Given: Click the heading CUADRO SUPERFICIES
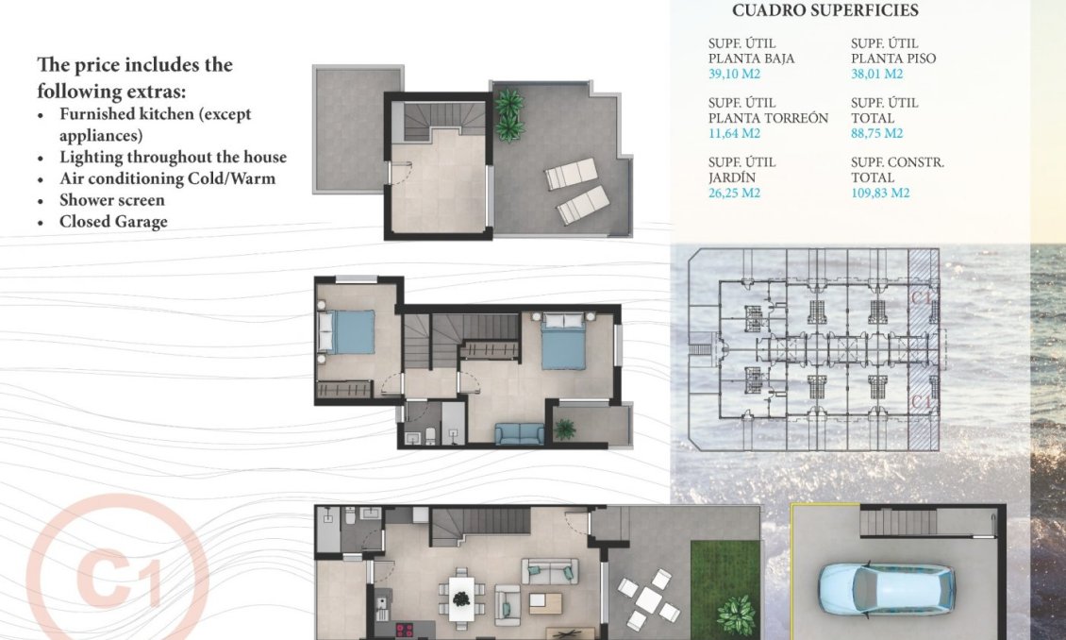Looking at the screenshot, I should [x=824, y=11].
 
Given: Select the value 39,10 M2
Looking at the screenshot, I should [x=734, y=74].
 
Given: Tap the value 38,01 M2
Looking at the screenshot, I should [x=876, y=74].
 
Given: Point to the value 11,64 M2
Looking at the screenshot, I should [x=734, y=133].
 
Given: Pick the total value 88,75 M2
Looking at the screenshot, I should [x=876, y=133].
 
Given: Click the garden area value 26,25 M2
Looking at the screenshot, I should [x=734, y=193].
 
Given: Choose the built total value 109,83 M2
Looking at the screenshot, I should [x=879, y=193].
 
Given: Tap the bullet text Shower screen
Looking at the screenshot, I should [x=111, y=200].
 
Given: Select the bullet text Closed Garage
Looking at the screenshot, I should [x=113, y=222].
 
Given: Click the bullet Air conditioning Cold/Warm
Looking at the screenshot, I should [x=167, y=178].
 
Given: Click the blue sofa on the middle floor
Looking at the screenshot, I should [x=519, y=433].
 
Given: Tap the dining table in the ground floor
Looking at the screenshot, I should [x=461, y=597].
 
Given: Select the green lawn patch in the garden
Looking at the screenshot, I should [x=725, y=585].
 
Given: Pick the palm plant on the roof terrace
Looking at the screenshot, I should [x=510, y=114].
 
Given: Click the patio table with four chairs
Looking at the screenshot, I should [x=648, y=598].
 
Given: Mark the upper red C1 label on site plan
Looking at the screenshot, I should [x=924, y=296].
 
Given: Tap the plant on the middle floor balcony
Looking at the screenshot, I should [x=565, y=429].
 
